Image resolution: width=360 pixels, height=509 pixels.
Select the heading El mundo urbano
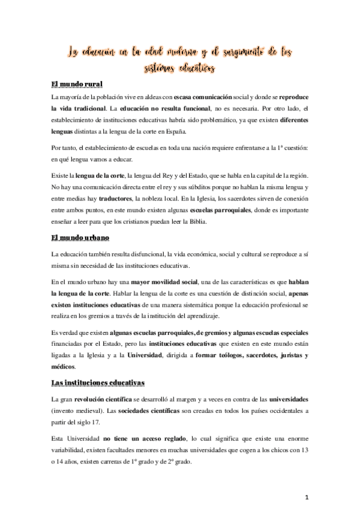[80, 238]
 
